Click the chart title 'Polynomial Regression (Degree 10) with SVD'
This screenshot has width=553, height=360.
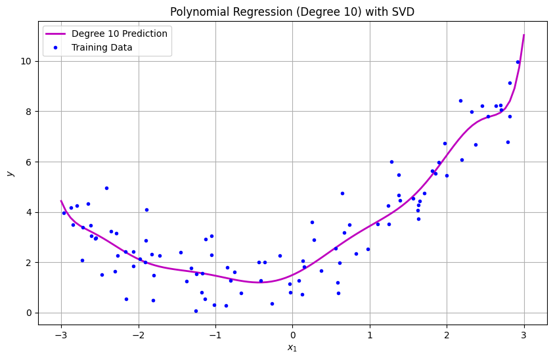click(292, 12)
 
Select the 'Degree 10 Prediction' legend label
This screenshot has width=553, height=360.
click(119, 34)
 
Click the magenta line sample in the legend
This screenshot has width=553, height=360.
click(57, 34)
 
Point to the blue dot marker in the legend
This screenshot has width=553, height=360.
click(57, 47)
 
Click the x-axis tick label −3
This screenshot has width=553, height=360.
click(61, 335)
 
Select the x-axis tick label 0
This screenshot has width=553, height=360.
click(293, 335)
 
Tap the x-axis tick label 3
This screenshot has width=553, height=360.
click(524, 335)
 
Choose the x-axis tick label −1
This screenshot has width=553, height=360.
click(215, 335)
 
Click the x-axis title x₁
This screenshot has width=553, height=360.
click(292, 348)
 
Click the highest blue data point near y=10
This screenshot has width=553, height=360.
click(518, 62)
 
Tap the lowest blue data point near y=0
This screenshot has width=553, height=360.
click(196, 311)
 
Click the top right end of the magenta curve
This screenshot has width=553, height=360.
click(524, 35)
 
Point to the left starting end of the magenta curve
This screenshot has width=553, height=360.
click(61, 201)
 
